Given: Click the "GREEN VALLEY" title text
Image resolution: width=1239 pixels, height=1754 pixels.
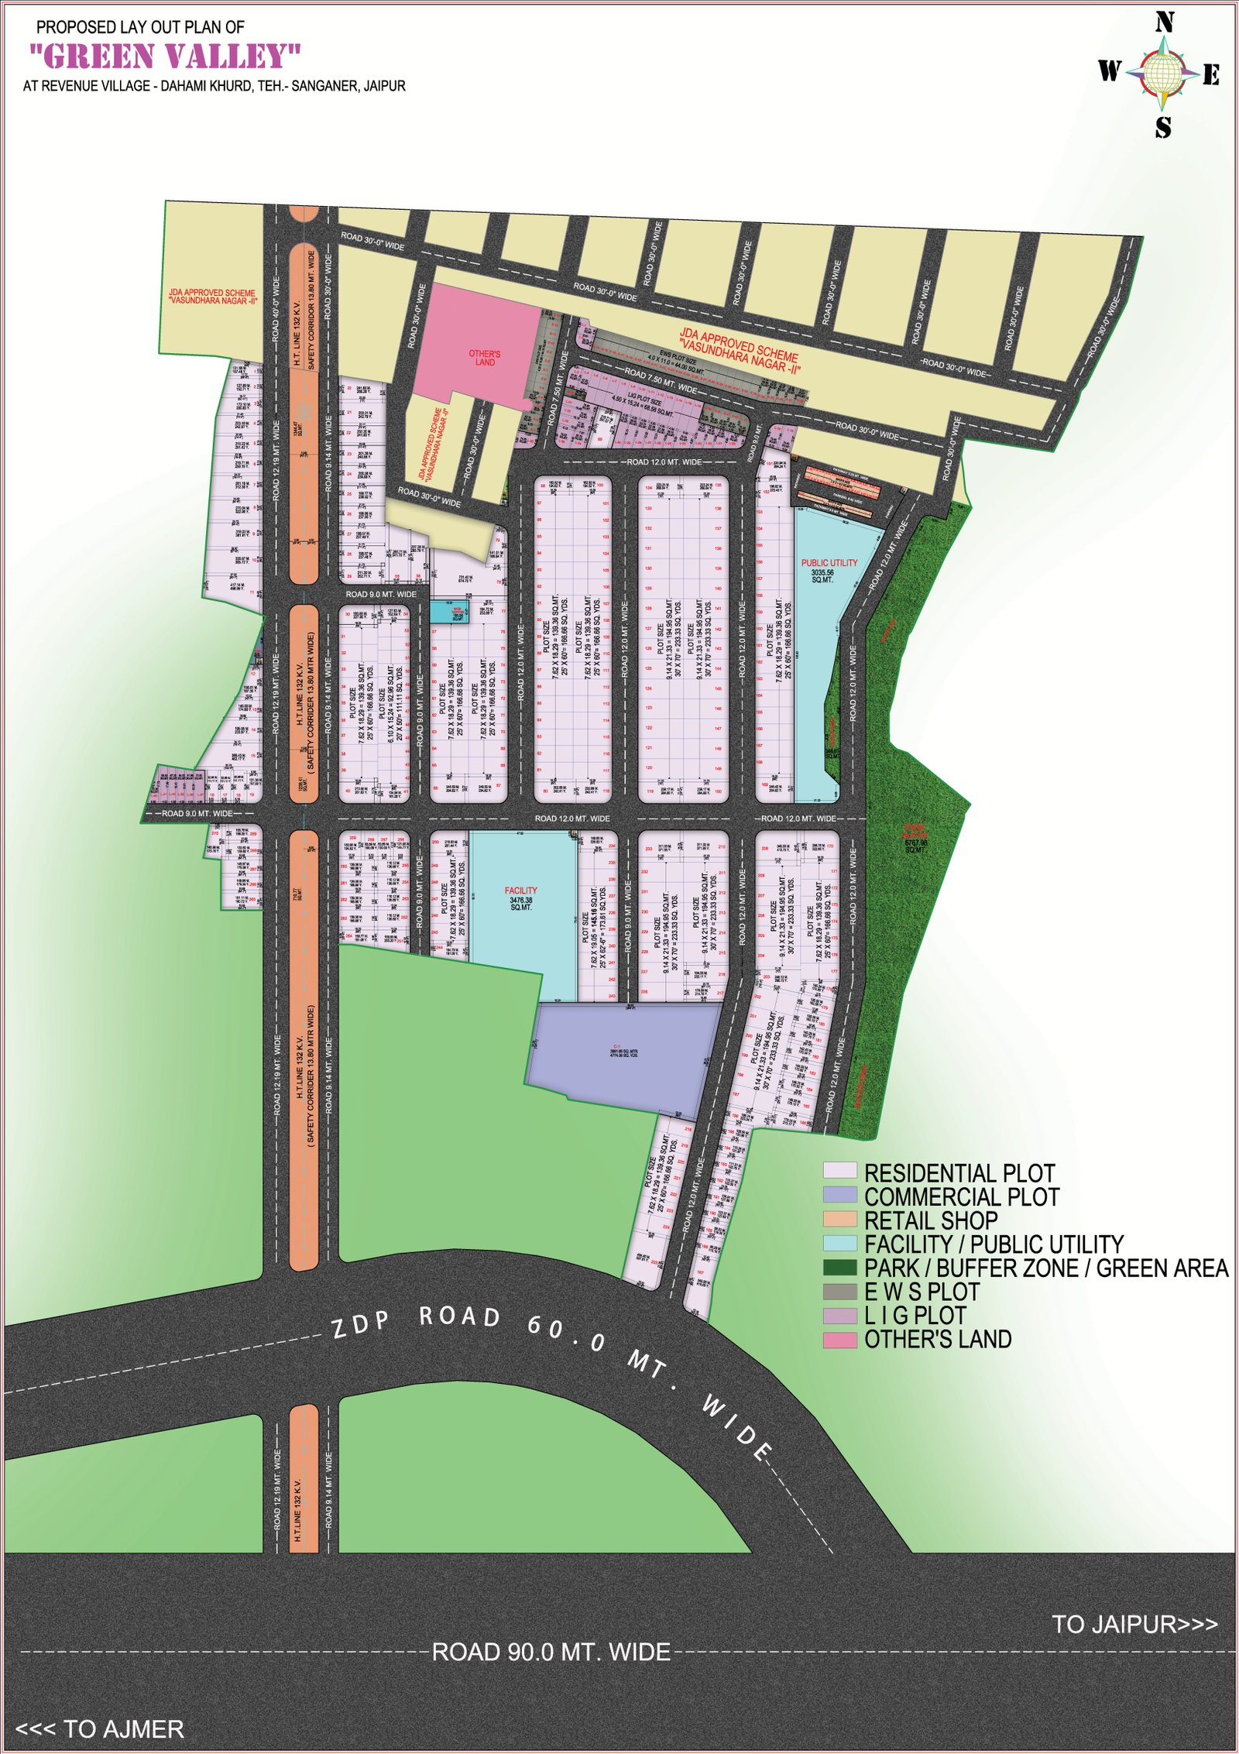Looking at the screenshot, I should coord(165,57).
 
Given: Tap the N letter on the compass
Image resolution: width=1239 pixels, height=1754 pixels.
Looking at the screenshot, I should coord(1164,23).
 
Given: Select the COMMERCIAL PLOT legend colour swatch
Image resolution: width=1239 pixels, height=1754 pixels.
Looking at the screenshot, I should coord(839,1196).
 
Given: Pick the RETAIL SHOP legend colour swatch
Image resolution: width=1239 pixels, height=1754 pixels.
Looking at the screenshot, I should coord(839,1220).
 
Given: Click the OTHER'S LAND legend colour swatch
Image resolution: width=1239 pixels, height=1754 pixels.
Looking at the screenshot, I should coord(839,1340).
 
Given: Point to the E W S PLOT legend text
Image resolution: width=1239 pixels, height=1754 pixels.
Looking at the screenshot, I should coord(922,1292).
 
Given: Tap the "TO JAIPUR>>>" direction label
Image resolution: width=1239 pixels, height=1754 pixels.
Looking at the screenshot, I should coord(1134,1624).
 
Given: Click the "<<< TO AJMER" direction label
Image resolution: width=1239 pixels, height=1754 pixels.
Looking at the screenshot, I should coord(100,1729).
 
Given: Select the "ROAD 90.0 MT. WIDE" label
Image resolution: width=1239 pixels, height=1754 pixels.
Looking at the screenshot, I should coord(551,1652).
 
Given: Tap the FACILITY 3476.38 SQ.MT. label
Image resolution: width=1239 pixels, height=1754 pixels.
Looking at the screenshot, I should coord(520,898).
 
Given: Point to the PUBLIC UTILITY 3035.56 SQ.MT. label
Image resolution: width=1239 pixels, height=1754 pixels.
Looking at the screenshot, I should coord(829,570).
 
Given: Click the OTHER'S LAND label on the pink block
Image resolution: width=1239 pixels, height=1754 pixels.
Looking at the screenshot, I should coord(484,358).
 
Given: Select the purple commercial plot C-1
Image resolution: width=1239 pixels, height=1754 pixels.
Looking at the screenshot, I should coord(623,1053).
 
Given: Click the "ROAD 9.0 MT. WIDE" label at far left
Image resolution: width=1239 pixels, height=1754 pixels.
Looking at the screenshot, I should coord(197,813).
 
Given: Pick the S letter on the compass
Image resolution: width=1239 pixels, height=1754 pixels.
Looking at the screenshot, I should coord(1163,127).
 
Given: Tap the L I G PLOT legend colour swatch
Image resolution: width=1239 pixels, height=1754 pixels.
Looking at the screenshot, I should coord(839,1316).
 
